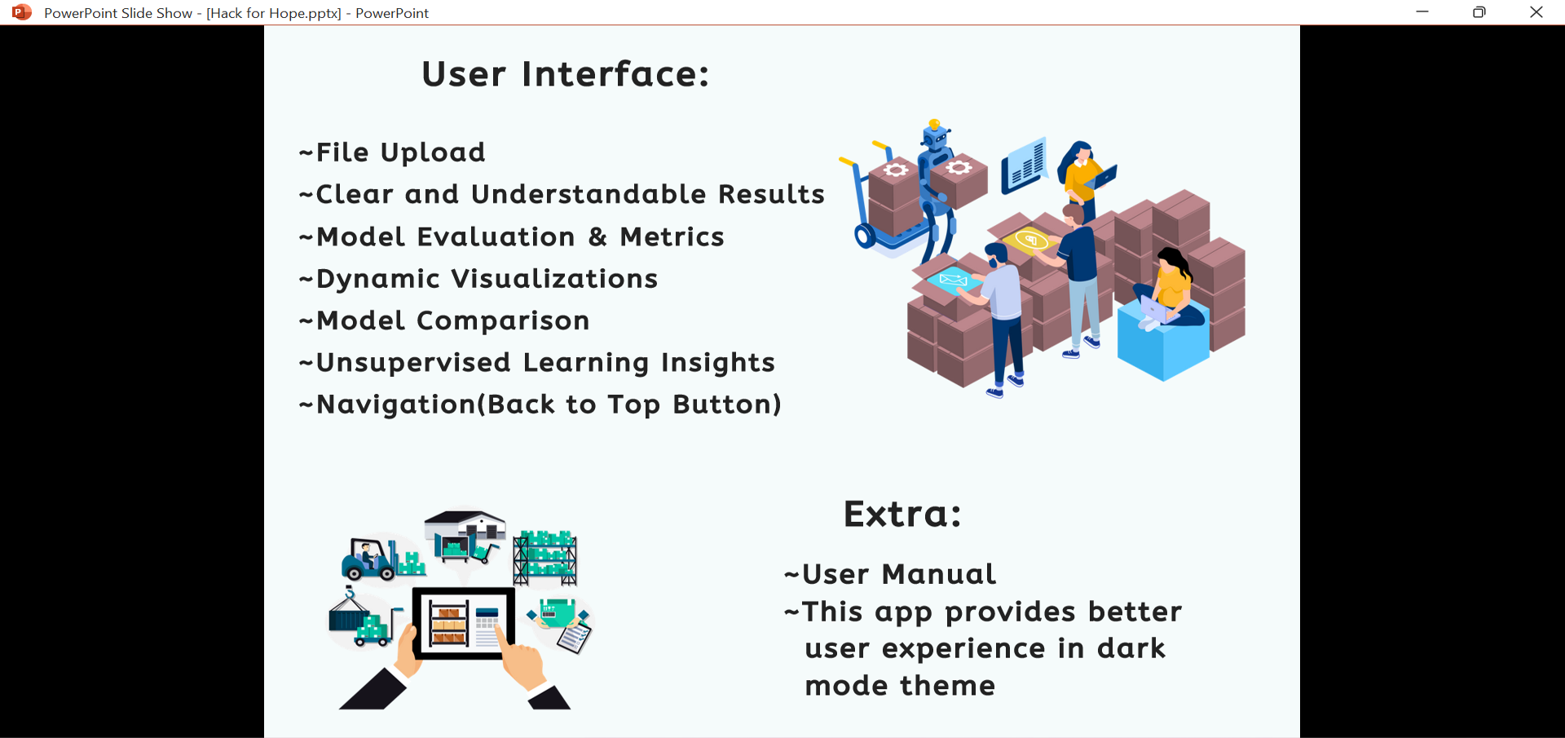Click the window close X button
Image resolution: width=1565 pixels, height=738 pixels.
click(x=1536, y=12)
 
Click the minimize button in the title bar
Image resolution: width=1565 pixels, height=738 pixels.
click(x=1422, y=12)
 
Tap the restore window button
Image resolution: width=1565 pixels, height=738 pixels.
click(x=1479, y=12)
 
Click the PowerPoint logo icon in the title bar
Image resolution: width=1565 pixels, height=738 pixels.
click(x=22, y=12)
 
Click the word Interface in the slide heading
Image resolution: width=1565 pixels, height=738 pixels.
click(x=615, y=74)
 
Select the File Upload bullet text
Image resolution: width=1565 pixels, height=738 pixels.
click(x=399, y=152)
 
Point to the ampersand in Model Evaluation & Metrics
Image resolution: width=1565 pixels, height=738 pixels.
click(x=597, y=236)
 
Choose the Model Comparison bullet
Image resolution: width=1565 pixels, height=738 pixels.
click(x=452, y=320)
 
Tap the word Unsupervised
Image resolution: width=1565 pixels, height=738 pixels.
click(x=413, y=363)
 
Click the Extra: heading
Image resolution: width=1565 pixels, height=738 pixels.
click(x=902, y=514)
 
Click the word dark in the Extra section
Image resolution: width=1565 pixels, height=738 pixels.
click(x=1131, y=648)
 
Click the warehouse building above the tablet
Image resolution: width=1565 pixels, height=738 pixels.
click(x=465, y=530)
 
